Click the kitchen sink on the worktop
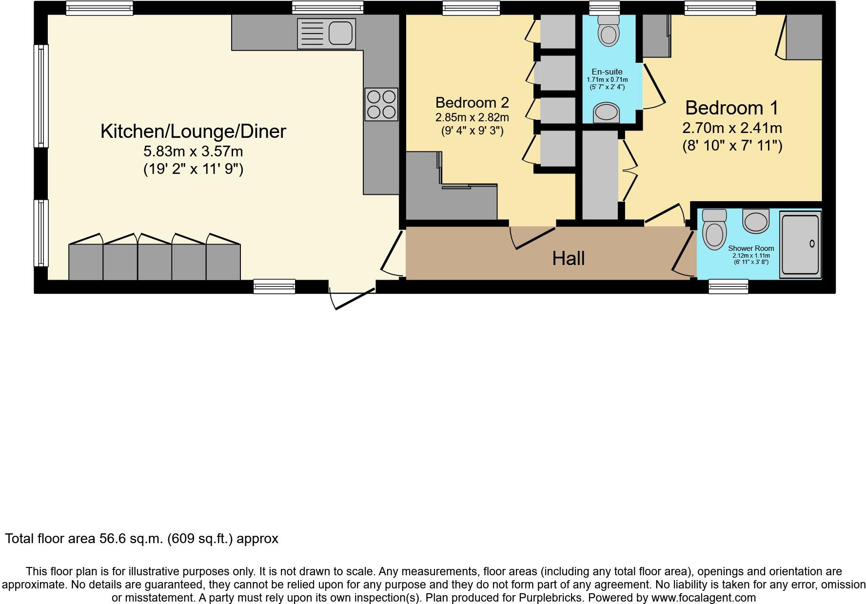point(326,34)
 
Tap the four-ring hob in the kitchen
point(381,104)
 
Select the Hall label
point(568,259)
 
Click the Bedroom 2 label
point(472,103)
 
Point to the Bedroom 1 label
point(731,108)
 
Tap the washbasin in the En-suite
point(606,113)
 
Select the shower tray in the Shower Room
point(800,244)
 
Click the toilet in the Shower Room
point(715,229)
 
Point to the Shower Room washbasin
point(756,220)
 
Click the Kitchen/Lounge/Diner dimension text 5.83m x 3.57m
point(193,151)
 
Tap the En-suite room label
point(607,72)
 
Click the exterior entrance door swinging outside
point(354,299)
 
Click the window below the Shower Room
point(728,286)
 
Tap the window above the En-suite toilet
point(604,7)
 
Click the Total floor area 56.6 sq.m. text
point(141,539)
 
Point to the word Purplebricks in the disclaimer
point(552,598)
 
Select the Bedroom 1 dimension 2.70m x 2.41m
point(731,128)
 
